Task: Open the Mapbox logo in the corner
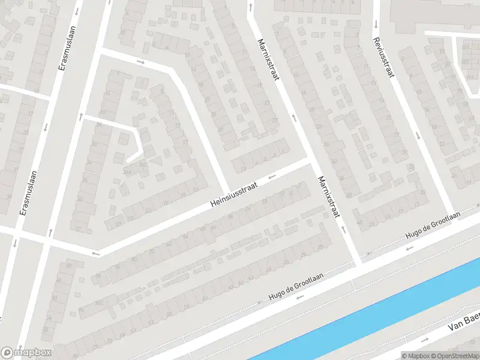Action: point(26,353)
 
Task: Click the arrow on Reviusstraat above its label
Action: point(375,25)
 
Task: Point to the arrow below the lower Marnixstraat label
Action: point(344,229)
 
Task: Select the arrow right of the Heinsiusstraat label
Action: point(272,176)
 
